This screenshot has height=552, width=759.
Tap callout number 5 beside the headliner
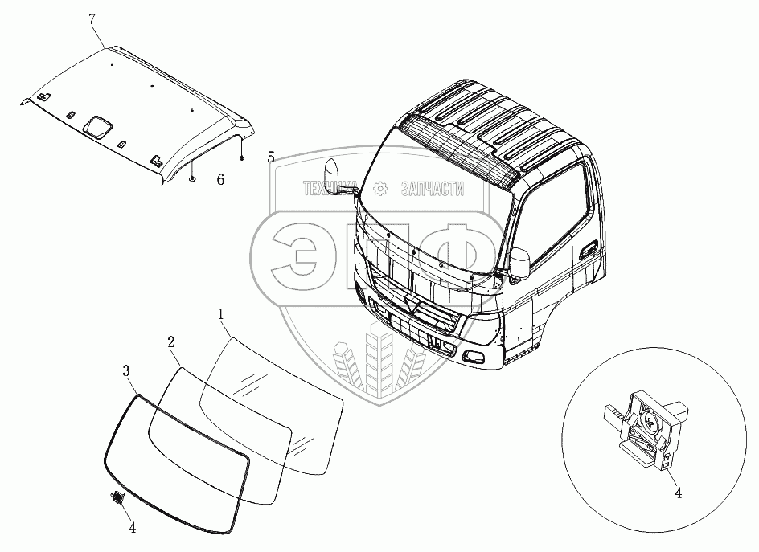tap(270, 157)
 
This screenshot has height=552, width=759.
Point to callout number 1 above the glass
tap(220, 313)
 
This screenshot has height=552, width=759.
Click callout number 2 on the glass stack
tap(171, 342)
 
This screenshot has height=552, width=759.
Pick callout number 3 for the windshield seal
tap(126, 370)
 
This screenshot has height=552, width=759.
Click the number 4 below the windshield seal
tap(131, 528)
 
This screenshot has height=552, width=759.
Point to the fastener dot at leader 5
tap(241, 158)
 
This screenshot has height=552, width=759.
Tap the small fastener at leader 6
tap(193, 178)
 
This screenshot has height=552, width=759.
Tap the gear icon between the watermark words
tap(380, 189)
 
